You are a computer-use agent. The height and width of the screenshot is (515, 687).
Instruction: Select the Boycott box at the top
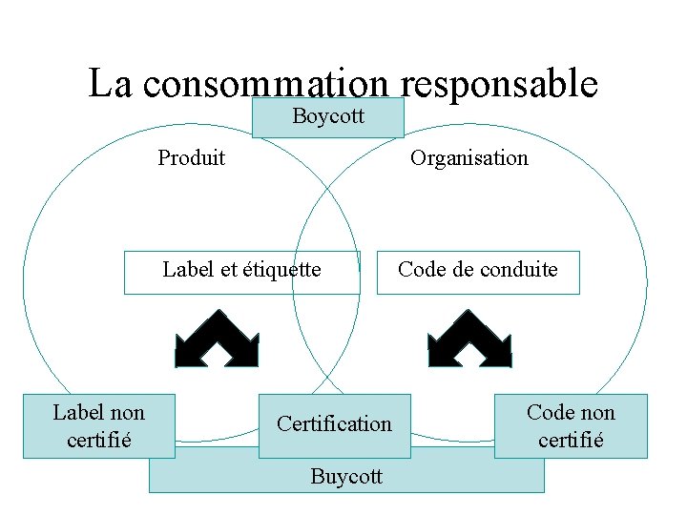coord(327,117)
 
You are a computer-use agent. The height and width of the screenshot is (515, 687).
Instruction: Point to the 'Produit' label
coord(191,157)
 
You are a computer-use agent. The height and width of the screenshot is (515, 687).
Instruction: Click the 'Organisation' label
coord(468,157)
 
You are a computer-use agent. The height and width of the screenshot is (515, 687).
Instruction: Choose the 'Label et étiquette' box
coord(241,271)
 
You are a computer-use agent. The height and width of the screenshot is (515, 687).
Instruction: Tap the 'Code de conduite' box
coord(477,271)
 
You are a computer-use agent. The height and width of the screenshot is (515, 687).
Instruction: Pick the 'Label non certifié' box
coord(98,426)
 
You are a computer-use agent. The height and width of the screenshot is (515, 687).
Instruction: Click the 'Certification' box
coord(334,424)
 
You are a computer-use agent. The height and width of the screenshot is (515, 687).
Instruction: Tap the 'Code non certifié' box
coord(571,426)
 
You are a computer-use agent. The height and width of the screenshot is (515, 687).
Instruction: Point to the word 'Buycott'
coord(346,476)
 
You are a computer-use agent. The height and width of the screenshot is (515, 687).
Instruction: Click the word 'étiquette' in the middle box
coord(282,270)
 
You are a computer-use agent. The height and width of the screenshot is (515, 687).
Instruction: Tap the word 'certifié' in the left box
coord(99,441)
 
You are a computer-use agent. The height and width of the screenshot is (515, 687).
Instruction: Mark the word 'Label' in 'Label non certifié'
coord(77,412)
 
